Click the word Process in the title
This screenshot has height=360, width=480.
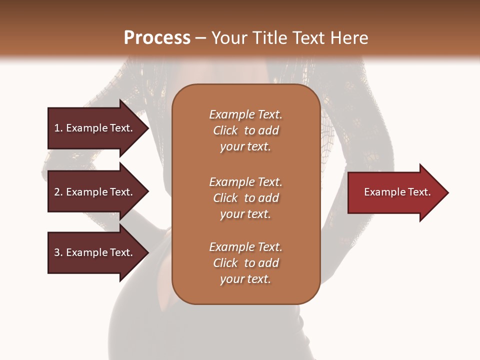pos(157,38)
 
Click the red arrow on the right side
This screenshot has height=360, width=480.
pos(395,192)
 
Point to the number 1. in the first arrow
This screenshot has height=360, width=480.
pos(58,128)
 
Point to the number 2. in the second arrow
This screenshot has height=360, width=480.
pos(58,192)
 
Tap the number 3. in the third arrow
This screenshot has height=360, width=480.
pos(58,252)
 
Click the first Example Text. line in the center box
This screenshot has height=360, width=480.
pos(245,114)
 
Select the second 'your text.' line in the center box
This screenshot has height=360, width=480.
pos(245,214)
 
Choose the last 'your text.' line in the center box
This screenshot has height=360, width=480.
pos(245,279)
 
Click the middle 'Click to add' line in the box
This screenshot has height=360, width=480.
pos(245,198)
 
